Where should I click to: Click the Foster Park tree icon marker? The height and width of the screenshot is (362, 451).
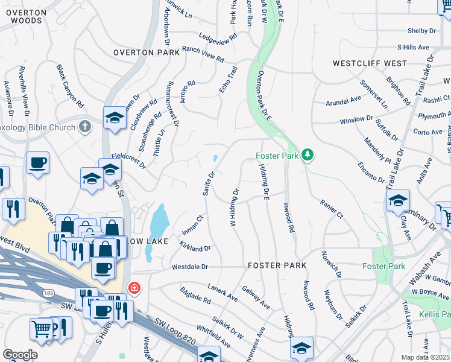(308, 155)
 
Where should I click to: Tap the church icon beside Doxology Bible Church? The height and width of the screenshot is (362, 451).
(86, 127)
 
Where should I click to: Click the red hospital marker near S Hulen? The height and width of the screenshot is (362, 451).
(133, 288)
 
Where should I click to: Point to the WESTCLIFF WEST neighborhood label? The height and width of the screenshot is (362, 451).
(370, 63)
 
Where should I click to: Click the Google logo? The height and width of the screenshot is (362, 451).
(20, 355)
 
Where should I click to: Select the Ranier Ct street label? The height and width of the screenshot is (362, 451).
(332, 209)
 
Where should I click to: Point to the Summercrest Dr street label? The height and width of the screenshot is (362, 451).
(173, 104)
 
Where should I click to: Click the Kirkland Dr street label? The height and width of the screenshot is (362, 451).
(195, 247)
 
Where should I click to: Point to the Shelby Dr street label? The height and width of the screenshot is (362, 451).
(421, 31)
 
